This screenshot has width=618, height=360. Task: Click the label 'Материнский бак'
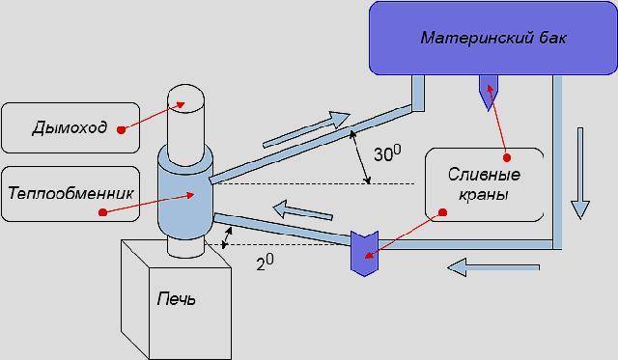493,39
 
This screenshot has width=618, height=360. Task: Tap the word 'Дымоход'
70,127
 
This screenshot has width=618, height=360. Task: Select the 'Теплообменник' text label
70,193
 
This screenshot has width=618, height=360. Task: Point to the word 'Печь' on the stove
176,299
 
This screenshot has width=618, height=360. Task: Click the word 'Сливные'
484,175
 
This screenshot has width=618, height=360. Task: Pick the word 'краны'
483,195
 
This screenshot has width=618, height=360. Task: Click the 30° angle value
387,152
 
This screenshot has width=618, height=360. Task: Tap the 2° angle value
265,262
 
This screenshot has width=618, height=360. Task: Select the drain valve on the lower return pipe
364,253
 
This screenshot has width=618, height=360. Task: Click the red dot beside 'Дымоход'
122,129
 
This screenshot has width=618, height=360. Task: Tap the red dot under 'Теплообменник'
103,212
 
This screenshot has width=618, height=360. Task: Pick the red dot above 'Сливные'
507,158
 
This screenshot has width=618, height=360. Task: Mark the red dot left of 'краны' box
442,212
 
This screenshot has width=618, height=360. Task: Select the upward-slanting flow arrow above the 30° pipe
306,129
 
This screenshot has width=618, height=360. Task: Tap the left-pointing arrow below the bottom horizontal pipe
493,267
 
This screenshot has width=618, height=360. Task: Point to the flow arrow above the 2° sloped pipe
302,210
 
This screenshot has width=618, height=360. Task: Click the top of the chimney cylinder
185,96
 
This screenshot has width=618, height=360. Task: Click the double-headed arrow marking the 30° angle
360,157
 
